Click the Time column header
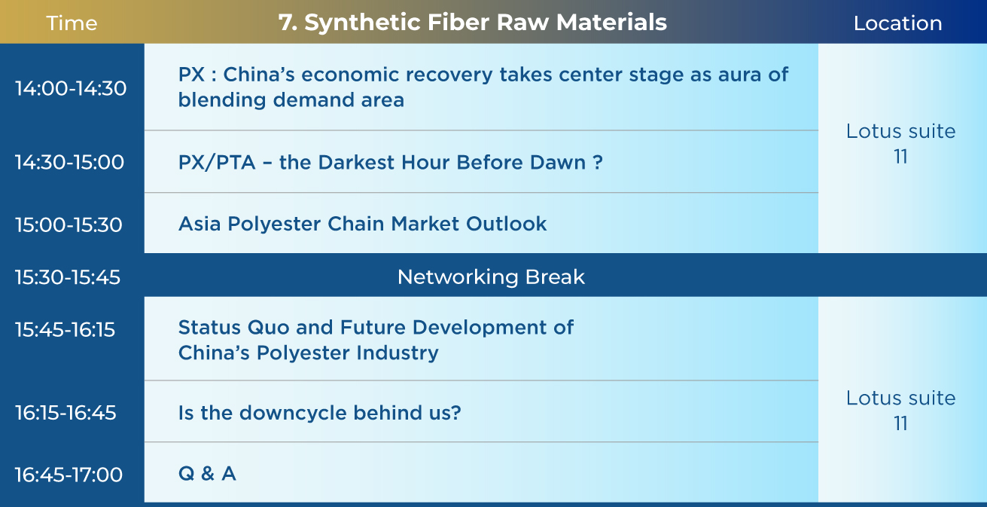click(72, 23)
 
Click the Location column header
click(897, 23)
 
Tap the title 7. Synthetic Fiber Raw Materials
click(472, 22)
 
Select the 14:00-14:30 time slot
click(71, 88)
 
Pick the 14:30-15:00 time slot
click(69, 162)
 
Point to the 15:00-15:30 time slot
click(69, 224)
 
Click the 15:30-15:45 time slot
click(68, 277)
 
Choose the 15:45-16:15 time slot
click(65, 330)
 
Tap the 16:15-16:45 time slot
click(65, 413)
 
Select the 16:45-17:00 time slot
click(69, 475)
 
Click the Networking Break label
click(491, 277)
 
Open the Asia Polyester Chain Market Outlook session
click(362, 224)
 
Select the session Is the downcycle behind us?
click(319, 413)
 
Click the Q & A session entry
click(207, 474)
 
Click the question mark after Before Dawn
click(598, 162)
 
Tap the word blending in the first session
click(221, 100)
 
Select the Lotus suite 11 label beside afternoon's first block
click(900, 144)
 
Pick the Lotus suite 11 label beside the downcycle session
click(900, 411)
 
